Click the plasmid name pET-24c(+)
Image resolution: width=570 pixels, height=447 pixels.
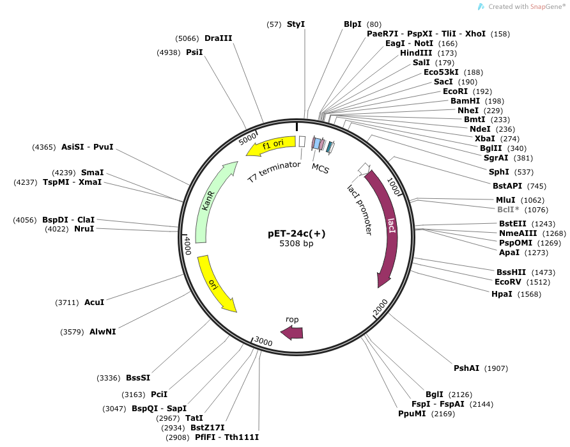pos(297,233)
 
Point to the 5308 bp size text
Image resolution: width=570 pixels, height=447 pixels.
pos(297,244)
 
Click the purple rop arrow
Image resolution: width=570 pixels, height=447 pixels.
pos(292,331)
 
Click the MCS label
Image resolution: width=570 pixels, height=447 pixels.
pos(320,167)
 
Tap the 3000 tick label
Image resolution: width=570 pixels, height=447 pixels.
pos(263,341)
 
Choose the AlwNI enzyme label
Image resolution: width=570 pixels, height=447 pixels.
pos(102,332)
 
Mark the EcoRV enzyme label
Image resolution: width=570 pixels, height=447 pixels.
pos(513,281)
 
